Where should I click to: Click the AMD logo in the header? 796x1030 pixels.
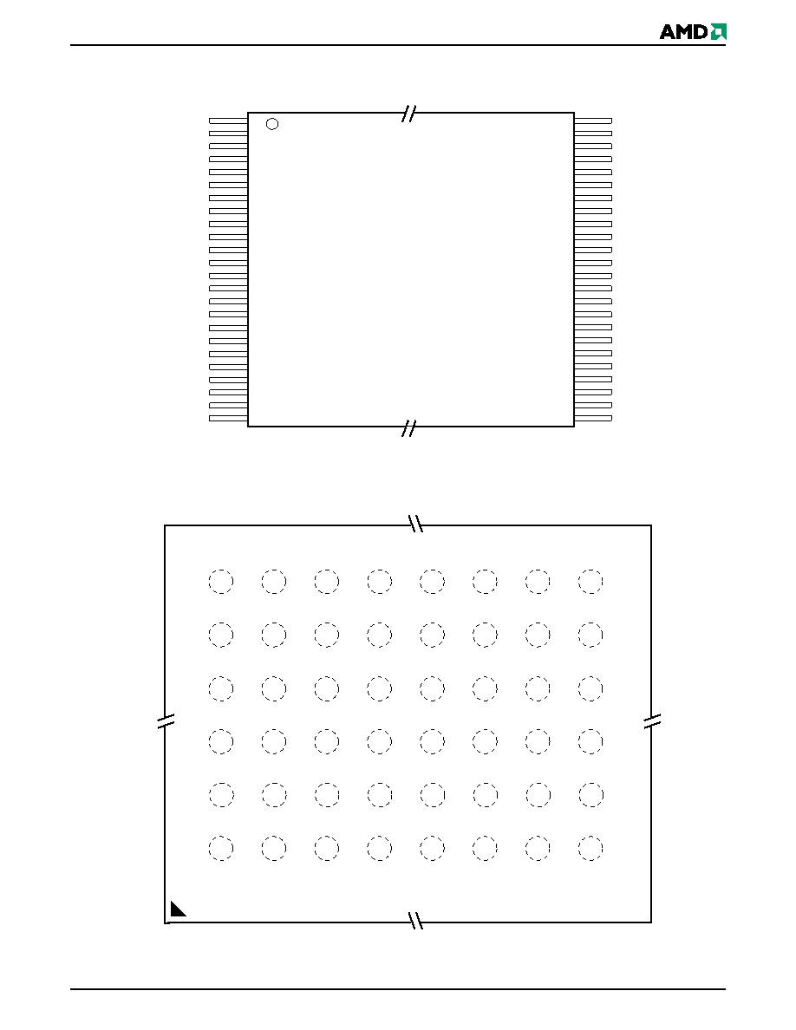coord(693,31)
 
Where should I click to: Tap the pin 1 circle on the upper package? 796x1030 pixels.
coord(272,123)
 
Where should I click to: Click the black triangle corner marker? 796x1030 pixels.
coord(178,909)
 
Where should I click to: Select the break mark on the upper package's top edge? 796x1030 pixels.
coord(409,114)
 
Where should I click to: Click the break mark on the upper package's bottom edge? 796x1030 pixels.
coord(409,428)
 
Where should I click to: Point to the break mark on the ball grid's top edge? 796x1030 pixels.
coord(415,524)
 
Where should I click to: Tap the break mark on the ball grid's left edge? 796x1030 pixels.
coord(166,720)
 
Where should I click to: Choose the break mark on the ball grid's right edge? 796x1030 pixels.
coord(651,720)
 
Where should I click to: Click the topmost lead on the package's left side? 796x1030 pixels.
coord(229,121)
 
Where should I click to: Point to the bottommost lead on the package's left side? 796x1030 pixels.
coord(229,419)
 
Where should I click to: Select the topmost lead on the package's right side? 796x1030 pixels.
coord(593,121)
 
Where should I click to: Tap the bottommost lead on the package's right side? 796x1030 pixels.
coord(593,419)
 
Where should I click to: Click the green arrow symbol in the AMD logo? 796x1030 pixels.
coord(719,31)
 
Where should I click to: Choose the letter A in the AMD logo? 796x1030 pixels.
coord(668,32)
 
